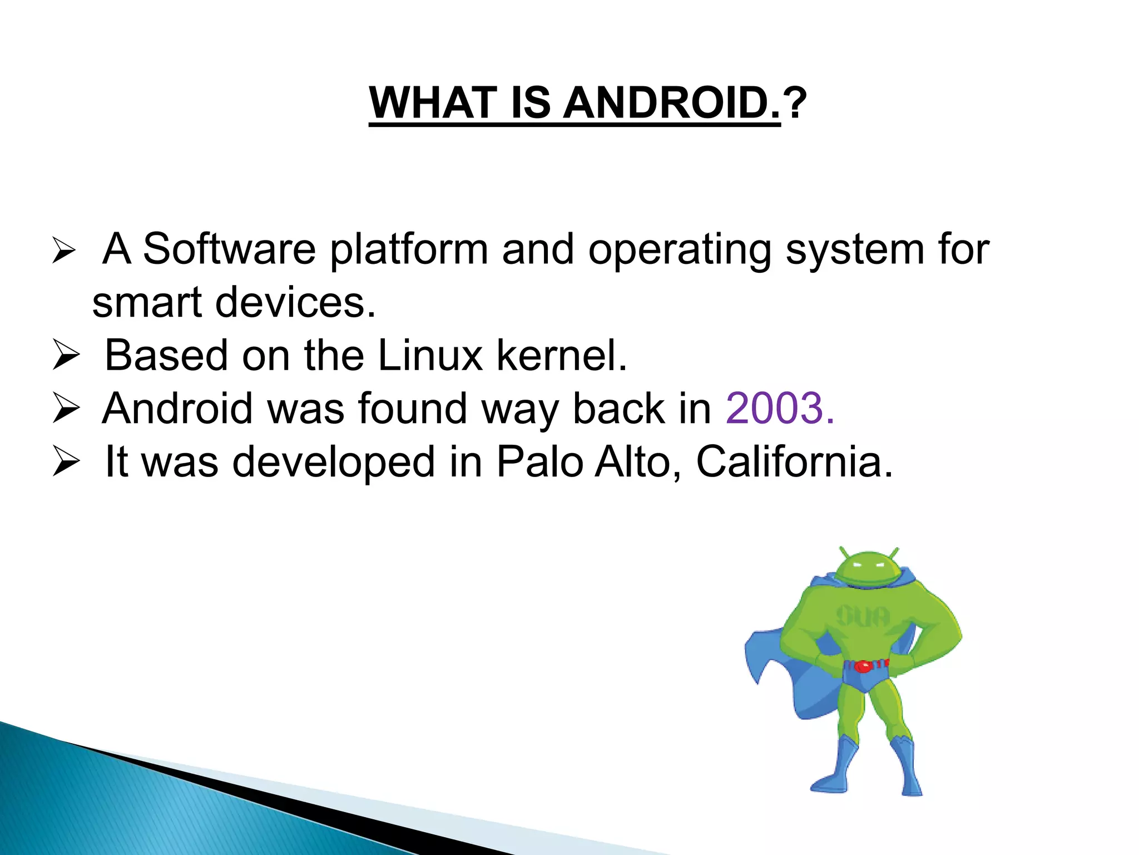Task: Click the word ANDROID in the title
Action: tap(672, 104)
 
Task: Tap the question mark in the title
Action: tap(794, 104)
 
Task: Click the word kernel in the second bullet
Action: tap(561, 356)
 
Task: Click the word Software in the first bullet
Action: tap(229, 249)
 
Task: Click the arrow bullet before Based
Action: tap(66, 356)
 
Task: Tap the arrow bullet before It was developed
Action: tap(66, 461)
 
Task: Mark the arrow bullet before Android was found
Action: tap(66, 409)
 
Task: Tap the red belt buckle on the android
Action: tap(863, 666)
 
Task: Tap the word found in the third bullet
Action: tap(412, 409)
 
